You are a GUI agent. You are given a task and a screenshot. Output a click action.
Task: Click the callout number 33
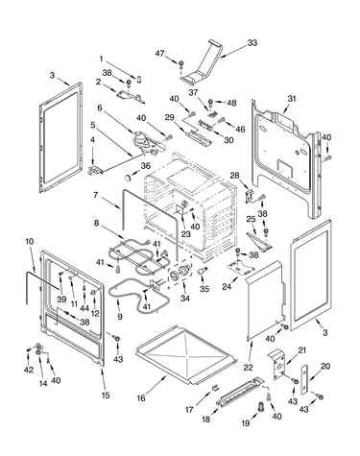(x=252, y=42)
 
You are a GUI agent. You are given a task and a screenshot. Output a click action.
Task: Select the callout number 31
(x=291, y=99)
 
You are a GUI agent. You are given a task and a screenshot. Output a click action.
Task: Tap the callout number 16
(x=141, y=397)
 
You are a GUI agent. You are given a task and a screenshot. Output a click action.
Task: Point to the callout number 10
(x=29, y=241)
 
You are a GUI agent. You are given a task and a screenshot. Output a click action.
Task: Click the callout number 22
(x=248, y=368)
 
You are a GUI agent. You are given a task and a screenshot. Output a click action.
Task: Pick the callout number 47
(x=160, y=53)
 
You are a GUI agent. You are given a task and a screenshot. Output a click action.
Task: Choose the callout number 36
(x=146, y=166)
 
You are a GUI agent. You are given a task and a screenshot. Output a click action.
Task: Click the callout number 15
(x=106, y=395)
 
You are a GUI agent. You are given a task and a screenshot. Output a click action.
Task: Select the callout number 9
(x=120, y=317)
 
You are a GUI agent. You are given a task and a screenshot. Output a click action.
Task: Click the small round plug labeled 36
(x=129, y=177)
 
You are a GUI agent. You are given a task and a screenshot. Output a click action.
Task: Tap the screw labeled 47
(x=180, y=64)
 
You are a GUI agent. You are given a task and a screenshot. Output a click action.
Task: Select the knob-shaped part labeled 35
(x=202, y=271)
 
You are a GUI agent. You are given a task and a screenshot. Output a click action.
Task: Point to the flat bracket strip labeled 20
(x=304, y=379)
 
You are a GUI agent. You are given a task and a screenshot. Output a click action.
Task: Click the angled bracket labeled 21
(x=277, y=365)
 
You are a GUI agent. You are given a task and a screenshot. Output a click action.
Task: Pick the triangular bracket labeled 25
(x=259, y=242)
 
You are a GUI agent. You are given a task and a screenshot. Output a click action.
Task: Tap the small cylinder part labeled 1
(x=139, y=79)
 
